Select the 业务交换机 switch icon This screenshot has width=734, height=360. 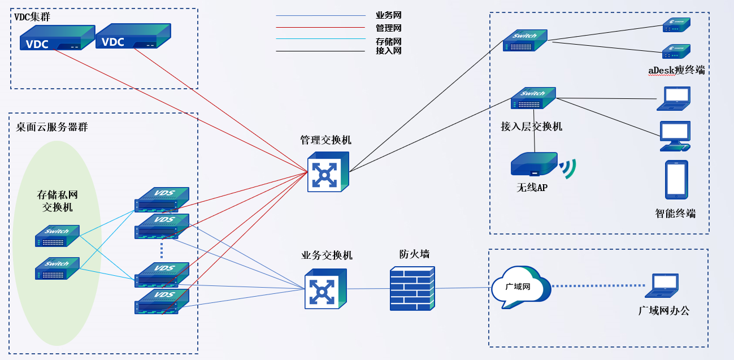pyautogui.click(x=325, y=289)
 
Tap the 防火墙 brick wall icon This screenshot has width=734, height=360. pyautogui.click(x=412, y=289)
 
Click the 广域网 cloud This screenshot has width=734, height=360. pyautogui.click(x=520, y=287)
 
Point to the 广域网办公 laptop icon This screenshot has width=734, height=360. pyautogui.click(x=662, y=285)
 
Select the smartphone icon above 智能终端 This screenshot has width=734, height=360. pyautogui.click(x=676, y=180)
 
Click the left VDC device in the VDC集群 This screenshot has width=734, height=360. pyautogui.click(x=57, y=38)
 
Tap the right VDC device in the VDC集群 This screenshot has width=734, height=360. pyautogui.click(x=133, y=37)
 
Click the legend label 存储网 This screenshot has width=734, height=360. pyautogui.click(x=388, y=41)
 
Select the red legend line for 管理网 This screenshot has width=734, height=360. pyautogui.click(x=320, y=27)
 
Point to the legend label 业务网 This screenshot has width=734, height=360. pyautogui.click(x=388, y=15)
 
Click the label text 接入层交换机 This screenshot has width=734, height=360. pyautogui.click(x=531, y=127)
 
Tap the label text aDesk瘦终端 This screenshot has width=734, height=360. pyautogui.click(x=676, y=70)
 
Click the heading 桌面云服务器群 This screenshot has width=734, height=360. pyautogui.click(x=52, y=127)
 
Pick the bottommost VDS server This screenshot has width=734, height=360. pyautogui.click(x=162, y=301)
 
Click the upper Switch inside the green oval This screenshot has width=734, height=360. pyautogui.click(x=57, y=236)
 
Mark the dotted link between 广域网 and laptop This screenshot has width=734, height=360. pyautogui.click(x=598, y=286)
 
